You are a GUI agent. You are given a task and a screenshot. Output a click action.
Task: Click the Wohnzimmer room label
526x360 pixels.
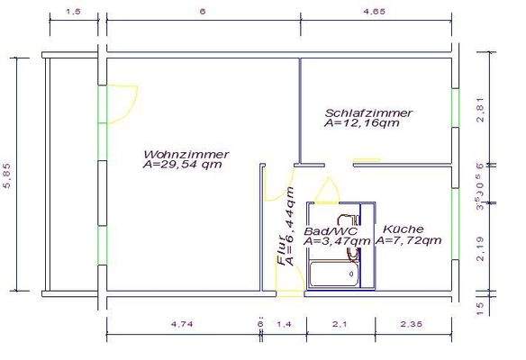pyautogui.click(x=185, y=154)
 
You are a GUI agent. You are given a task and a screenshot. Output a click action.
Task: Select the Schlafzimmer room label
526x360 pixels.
pyautogui.click(x=368, y=112)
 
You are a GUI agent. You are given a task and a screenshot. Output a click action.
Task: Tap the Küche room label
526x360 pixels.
pyautogui.click(x=402, y=229)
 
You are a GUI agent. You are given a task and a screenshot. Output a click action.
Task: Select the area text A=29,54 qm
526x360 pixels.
pyautogui.click(x=182, y=165)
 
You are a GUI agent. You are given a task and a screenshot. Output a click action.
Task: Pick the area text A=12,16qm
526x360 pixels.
pyautogui.click(x=361, y=123)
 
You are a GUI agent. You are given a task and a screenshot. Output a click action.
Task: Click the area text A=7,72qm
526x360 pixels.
pyautogui.click(x=408, y=241)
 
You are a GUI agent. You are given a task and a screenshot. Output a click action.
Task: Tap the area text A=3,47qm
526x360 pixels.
pyautogui.click(x=337, y=241)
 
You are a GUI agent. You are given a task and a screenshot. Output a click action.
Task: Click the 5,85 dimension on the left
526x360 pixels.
pyautogui.click(x=8, y=175)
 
